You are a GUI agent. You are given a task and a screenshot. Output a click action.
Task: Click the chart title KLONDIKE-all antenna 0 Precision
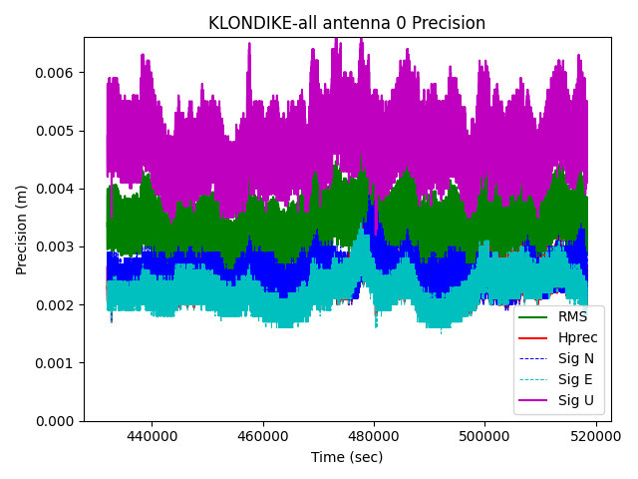tap(346, 23)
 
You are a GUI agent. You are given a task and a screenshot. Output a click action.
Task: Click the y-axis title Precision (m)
tap(22, 230)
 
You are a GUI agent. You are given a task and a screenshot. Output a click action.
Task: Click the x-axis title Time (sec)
tap(346, 457)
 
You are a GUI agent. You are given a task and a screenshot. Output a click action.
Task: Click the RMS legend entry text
tap(573, 317)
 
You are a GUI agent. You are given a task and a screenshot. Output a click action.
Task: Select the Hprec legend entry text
tap(578, 338)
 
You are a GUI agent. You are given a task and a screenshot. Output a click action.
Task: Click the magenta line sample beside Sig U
tap(535, 401)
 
